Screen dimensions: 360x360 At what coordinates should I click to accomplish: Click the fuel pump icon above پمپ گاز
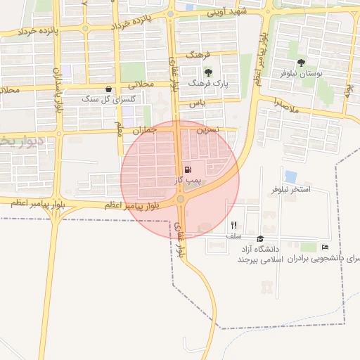187,169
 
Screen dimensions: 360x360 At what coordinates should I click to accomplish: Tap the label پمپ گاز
188,181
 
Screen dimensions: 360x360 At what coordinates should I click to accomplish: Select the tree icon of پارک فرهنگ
207,72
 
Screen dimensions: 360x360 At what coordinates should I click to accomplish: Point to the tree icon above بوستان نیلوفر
301,63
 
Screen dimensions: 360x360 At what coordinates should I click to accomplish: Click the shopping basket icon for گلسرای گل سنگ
108,89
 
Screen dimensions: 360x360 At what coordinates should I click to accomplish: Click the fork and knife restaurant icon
233,226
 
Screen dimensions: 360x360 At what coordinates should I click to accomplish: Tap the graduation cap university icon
259,239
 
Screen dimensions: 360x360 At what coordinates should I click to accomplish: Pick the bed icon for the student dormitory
324,247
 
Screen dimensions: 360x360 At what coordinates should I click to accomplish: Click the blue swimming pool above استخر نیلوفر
291,176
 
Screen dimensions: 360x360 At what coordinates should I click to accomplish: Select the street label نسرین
208,130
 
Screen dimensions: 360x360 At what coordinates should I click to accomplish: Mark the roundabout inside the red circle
181,200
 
